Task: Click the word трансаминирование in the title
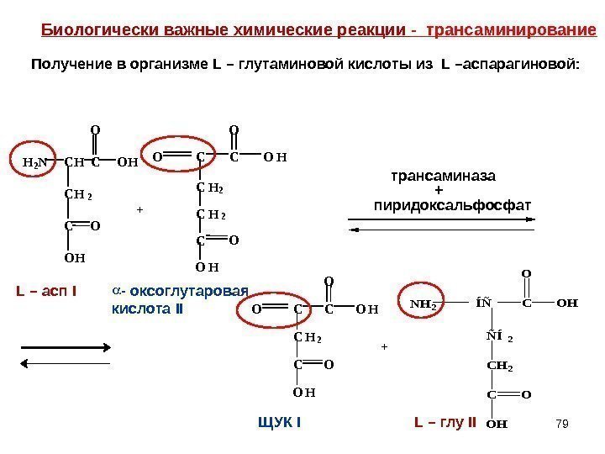511,32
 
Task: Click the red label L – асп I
47,292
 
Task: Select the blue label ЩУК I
280,422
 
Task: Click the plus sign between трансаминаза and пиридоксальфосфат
445,191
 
